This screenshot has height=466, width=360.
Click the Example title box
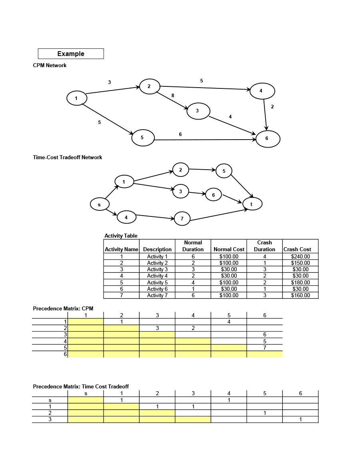pyautogui.click(x=71, y=54)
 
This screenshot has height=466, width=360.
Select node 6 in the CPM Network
pyautogui.click(x=267, y=139)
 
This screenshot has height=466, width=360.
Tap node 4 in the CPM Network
pyautogui.click(x=262, y=91)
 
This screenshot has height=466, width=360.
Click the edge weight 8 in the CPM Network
pyautogui.click(x=173, y=96)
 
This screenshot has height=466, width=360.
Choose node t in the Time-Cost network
pyautogui.click(x=252, y=204)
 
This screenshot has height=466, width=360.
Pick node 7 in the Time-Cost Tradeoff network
pyautogui.click(x=182, y=218)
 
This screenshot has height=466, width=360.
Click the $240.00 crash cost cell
pyautogui.click(x=300, y=256)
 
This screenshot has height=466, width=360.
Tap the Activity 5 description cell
pyautogui.click(x=157, y=282)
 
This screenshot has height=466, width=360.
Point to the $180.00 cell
pyautogui.click(x=300, y=282)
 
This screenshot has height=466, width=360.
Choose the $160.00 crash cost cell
pyautogui.click(x=300, y=295)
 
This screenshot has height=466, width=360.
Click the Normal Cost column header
pyautogui.click(x=229, y=249)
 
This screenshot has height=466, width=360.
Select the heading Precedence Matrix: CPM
pyautogui.click(x=63, y=308)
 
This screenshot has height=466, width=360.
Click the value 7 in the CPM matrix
pyautogui.click(x=264, y=348)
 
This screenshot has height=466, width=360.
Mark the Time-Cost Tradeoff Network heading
pyautogui.click(x=67, y=158)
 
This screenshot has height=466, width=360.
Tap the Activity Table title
pyautogui.click(x=121, y=236)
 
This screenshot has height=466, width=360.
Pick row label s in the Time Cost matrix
pyautogui.click(x=50, y=400)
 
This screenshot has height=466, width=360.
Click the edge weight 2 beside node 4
pyautogui.click(x=272, y=107)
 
